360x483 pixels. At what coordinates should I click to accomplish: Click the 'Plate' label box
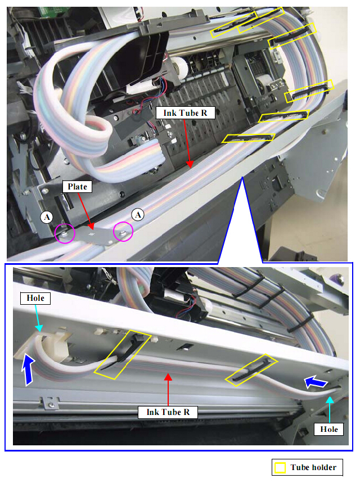coord(78,187)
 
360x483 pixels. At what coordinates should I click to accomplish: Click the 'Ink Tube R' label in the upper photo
coord(185,113)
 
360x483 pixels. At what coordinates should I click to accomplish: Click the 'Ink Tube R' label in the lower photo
coord(168,412)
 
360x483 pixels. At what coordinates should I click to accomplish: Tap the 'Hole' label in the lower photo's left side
coord(35,298)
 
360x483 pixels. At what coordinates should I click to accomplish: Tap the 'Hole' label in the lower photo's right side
coord(329,429)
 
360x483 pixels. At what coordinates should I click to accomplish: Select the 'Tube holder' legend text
coord(313,467)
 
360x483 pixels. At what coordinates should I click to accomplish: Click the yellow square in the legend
coord(280,468)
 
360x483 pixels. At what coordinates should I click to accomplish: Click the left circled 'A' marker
coord(47,217)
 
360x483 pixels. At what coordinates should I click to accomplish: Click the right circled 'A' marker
coord(138,215)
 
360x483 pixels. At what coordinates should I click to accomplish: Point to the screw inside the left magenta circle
coord(64,234)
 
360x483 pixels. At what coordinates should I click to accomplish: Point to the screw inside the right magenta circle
coord(123,233)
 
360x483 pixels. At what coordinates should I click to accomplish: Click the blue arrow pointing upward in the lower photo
coord(28,369)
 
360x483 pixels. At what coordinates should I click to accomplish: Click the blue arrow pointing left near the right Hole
coord(316,382)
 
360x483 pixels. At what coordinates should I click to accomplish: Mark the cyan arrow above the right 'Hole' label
coord(330,410)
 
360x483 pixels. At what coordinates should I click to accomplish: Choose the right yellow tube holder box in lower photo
coord(251,370)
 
